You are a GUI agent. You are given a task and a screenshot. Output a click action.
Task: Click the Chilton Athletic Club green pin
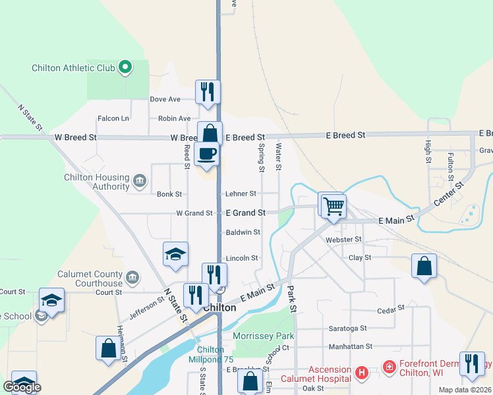point(124,67)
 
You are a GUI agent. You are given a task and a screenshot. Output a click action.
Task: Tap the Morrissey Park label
point(264,336)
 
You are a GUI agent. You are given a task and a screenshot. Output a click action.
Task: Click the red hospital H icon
point(361,373)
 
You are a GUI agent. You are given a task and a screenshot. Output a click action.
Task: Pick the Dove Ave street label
point(165,99)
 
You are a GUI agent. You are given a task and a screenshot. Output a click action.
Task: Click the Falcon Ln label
point(113,118)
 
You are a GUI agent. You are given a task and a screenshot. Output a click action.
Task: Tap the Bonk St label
point(169,194)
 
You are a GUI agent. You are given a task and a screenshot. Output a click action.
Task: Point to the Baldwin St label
point(243,232)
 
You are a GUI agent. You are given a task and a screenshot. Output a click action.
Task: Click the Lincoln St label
point(242,258)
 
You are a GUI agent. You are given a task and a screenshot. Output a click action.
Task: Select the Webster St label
point(344,240)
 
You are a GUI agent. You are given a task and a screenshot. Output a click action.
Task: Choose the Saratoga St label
point(347,328)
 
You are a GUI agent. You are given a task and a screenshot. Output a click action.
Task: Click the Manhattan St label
point(351,346)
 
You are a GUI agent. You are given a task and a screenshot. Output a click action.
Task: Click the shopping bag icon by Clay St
point(424,267)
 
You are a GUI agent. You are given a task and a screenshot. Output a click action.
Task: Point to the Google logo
point(22,387)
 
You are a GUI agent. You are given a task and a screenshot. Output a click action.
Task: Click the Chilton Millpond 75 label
point(211,354)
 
